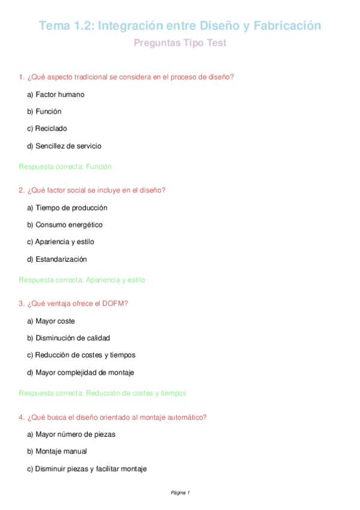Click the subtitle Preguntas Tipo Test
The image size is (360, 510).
pos(180,43)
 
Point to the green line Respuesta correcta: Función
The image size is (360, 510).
pos(66,167)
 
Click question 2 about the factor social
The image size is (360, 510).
pos(92,190)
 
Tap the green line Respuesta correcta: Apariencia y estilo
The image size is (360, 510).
pos(82,280)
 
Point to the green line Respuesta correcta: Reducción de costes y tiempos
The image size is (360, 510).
pos(103,393)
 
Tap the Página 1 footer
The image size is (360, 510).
pos(180,493)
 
